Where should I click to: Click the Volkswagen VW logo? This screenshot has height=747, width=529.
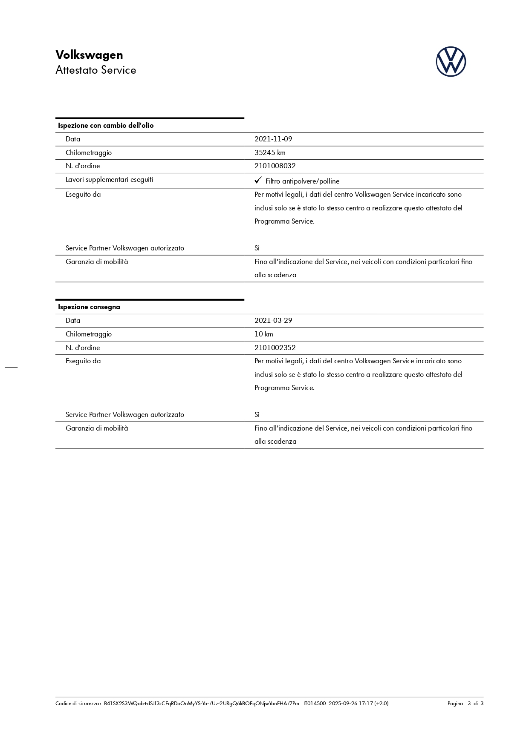click(451, 62)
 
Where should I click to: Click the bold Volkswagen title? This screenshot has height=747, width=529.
click(89, 55)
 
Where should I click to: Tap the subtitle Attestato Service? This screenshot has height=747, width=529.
click(95, 70)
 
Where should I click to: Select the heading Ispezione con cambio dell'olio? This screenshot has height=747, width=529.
click(106, 126)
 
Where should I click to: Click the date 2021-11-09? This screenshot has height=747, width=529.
click(273, 139)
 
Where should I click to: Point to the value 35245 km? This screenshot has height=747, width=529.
click(270, 153)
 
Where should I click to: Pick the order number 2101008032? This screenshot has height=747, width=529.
click(275, 166)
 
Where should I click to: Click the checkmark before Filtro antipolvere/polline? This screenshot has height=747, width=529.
click(258, 181)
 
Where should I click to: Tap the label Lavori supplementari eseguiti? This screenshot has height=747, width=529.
click(110, 180)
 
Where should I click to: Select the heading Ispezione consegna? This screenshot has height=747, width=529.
click(89, 307)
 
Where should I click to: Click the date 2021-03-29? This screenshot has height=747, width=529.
click(273, 321)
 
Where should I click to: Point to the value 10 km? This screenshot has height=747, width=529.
click(264, 334)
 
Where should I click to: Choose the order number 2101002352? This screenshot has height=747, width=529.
click(275, 348)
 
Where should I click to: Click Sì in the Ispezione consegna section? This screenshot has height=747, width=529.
click(257, 415)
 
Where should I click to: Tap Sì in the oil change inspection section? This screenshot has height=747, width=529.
click(257, 248)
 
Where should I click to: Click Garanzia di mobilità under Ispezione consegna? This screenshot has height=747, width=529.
click(97, 428)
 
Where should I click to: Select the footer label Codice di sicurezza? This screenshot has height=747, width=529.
click(78, 704)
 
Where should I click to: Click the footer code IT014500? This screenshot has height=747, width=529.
click(315, 704)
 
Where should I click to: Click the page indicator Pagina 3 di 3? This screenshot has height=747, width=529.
click(465, 704)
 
